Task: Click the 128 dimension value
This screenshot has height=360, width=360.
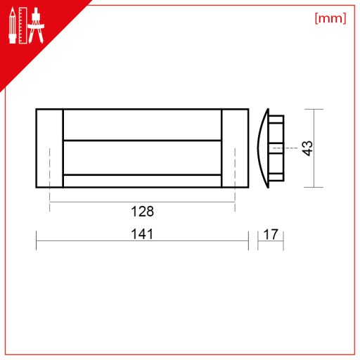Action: [142, 212]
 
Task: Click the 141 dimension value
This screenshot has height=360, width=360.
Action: [142, 234]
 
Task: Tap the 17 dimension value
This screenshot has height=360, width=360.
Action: [271, 234]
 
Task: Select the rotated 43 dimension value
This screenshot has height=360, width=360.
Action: [307, 148]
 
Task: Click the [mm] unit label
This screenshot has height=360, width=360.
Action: [330, 18]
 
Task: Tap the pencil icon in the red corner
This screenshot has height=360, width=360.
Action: [13, 25]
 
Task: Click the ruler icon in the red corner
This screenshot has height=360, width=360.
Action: [23, 25]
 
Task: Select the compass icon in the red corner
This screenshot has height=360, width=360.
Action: [36, 25]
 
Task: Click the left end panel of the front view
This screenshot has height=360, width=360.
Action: [49, 148]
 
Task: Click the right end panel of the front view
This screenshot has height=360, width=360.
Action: [235, 148]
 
